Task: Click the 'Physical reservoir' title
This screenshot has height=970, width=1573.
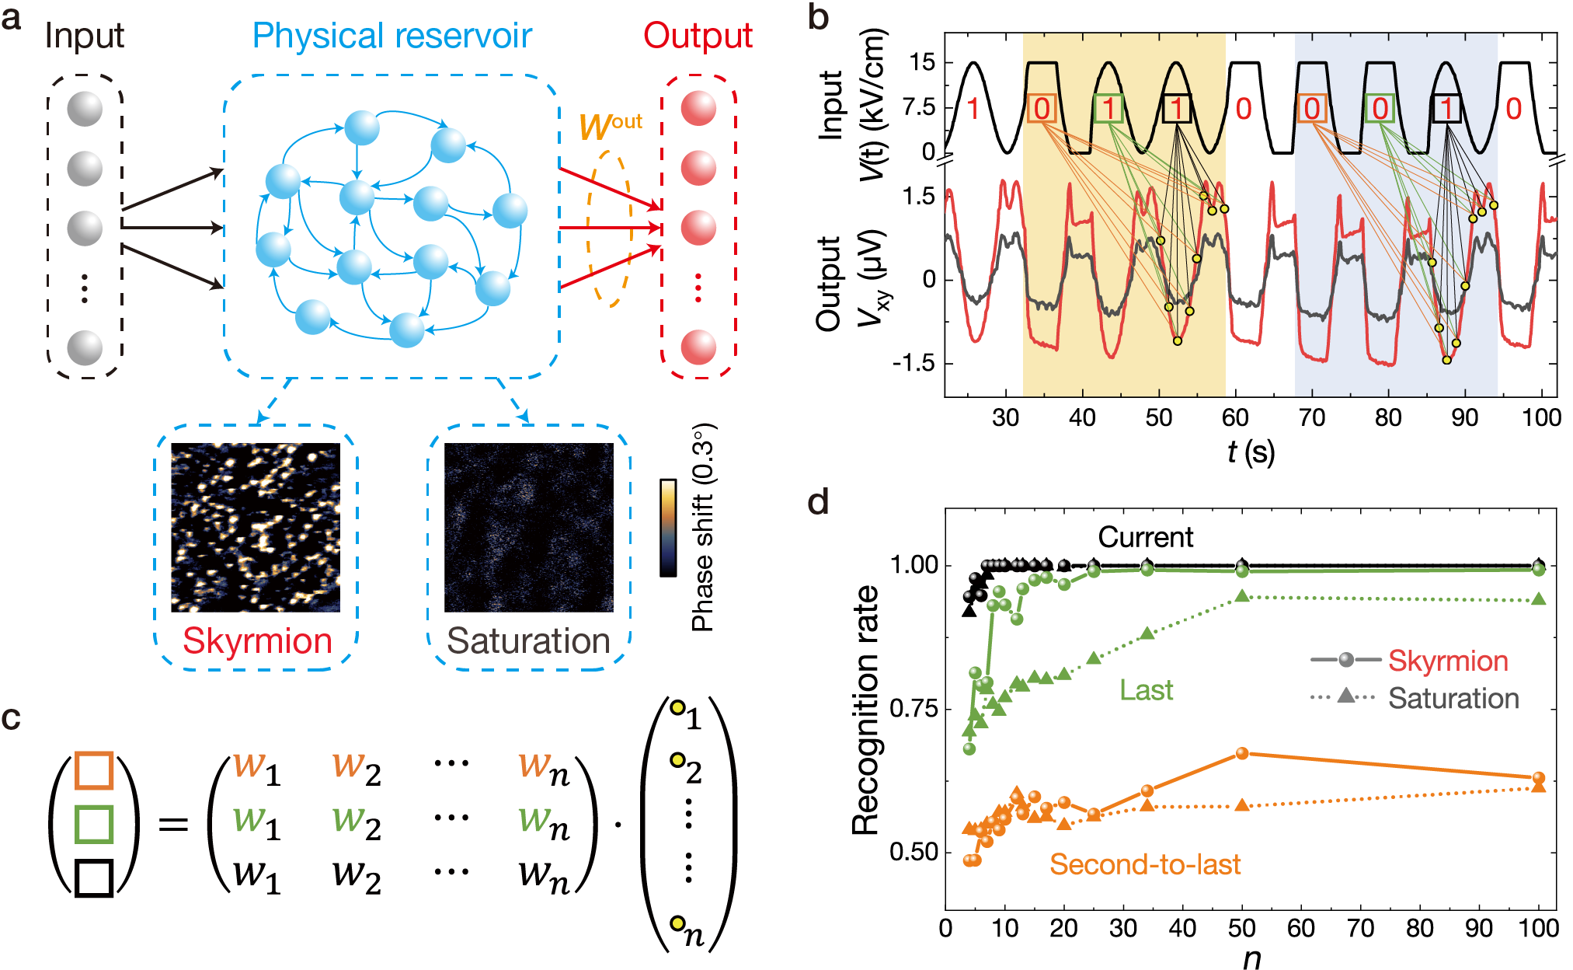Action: [392, 36]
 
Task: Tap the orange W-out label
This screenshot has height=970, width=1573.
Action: [610, 125]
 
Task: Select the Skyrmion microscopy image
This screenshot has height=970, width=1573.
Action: [256, 527]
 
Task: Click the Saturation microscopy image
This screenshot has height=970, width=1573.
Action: [528, 527]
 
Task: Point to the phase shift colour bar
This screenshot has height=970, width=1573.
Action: [668, 528]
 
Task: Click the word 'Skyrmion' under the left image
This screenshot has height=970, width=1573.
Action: [257, 641]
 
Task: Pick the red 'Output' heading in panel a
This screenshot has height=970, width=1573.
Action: [698, 36]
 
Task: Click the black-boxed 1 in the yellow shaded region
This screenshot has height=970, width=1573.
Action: [1177, 108]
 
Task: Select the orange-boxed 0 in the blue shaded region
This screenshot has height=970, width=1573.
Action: [1311, 108]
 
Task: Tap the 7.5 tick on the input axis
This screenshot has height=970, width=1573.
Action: [919, 107]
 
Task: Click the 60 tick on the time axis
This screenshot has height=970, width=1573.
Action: [1235, 418]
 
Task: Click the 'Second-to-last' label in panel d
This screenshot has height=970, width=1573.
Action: [1145, 864]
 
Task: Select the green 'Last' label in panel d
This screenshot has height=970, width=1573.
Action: [1146, 690]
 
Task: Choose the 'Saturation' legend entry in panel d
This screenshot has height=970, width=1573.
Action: [1453, 698]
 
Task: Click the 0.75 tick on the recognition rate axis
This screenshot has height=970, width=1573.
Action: [914, 708]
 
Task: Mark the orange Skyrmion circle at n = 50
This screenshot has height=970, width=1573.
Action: [1242, 753]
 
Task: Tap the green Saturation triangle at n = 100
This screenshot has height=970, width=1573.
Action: [1539, 599]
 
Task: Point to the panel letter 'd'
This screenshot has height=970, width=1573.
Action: [818, 503]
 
